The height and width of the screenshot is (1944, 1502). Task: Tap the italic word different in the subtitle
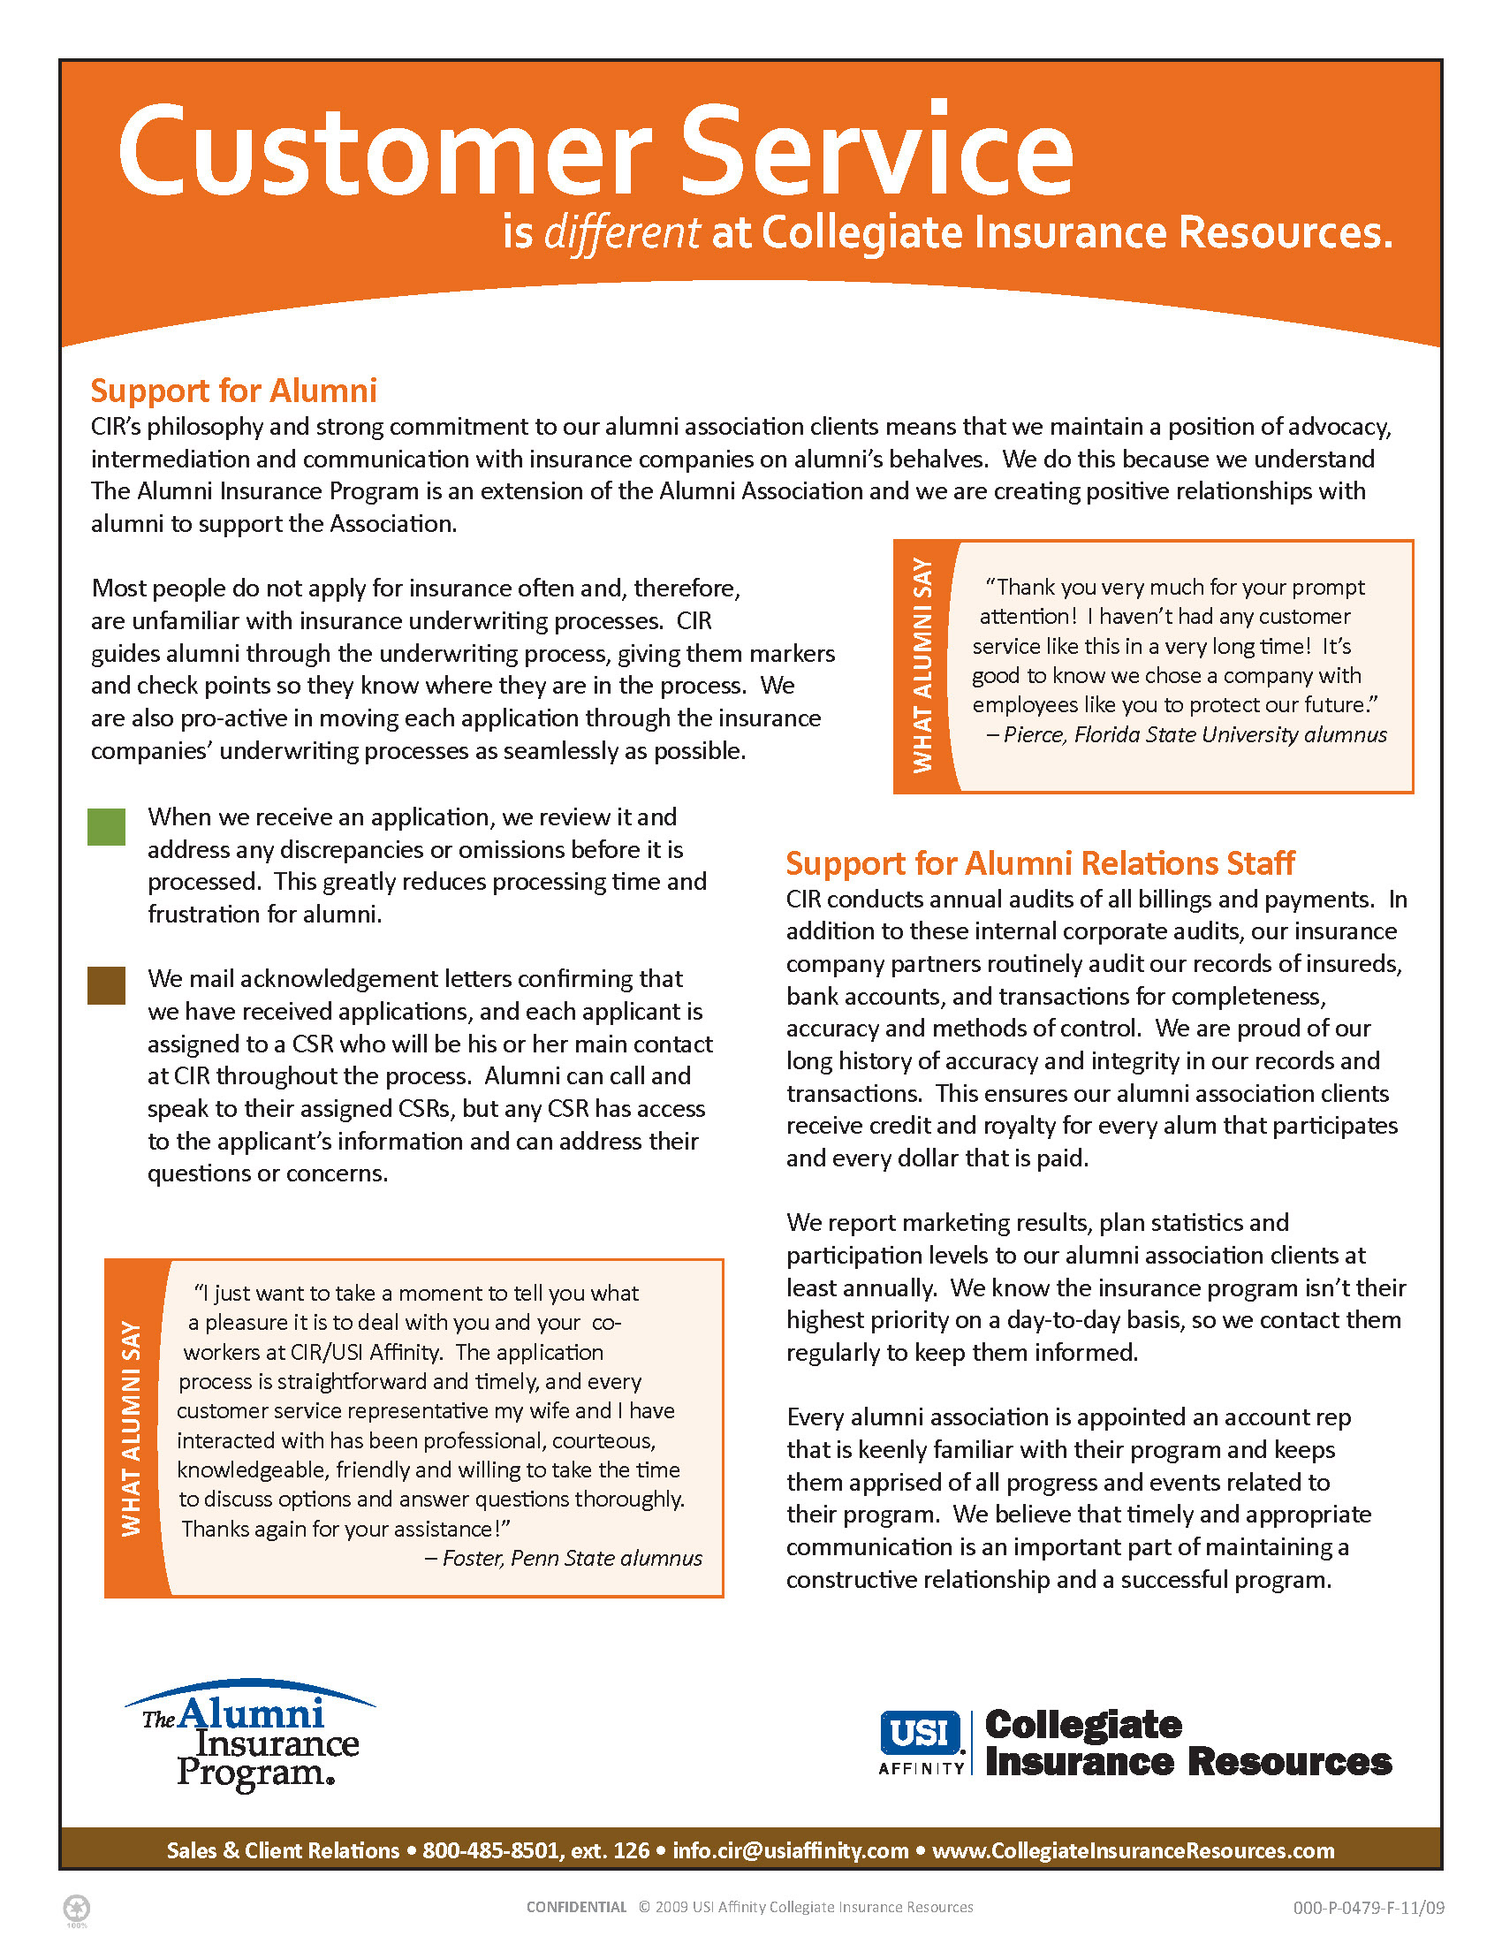(622, 233)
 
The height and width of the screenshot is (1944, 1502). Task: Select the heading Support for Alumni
(233, 391)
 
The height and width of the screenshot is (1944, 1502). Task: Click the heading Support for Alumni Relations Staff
(1039, 863)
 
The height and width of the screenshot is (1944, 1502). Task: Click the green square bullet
(106, 827)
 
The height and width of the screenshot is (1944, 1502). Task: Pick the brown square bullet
(106, 985)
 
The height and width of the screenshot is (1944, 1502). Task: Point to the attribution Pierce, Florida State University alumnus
(1194, 734)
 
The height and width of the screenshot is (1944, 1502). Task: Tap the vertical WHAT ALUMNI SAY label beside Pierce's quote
(922, 665)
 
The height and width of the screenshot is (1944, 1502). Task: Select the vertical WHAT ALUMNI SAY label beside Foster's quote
(132, 1428)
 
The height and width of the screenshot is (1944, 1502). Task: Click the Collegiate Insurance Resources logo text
(1187, 1743)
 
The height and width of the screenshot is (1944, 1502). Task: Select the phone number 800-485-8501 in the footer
(491, 1850)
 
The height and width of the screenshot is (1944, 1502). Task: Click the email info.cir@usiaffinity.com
(790, 1850)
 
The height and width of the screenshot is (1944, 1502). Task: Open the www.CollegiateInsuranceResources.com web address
(1133, 1850)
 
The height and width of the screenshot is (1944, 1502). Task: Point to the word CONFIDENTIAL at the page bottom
(576, 1907)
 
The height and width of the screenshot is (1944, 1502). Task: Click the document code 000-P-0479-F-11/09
(1368, 1908)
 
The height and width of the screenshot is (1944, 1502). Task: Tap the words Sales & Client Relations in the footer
(283, 1850)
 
